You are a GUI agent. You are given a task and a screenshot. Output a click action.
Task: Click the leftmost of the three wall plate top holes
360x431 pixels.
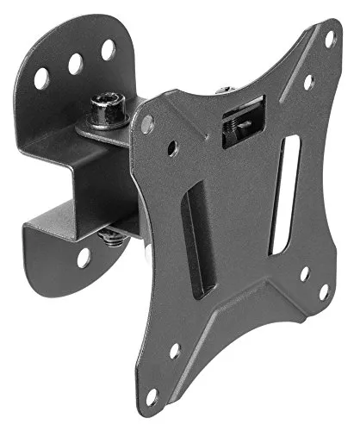click(41, 78)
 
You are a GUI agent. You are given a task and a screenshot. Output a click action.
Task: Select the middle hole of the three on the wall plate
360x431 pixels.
click(75, 63)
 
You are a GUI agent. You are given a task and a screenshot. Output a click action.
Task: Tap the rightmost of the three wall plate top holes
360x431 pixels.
click(108, 49)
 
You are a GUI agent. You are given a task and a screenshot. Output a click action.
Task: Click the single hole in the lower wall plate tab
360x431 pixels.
click(84, 256)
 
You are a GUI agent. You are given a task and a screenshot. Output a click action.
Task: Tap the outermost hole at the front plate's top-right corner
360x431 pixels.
click(328, 37)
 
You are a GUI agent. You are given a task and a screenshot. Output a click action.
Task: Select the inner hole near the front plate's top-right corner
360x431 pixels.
click(308, 82)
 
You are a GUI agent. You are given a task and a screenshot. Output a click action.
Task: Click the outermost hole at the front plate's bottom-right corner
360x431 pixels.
click(323, 291)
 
